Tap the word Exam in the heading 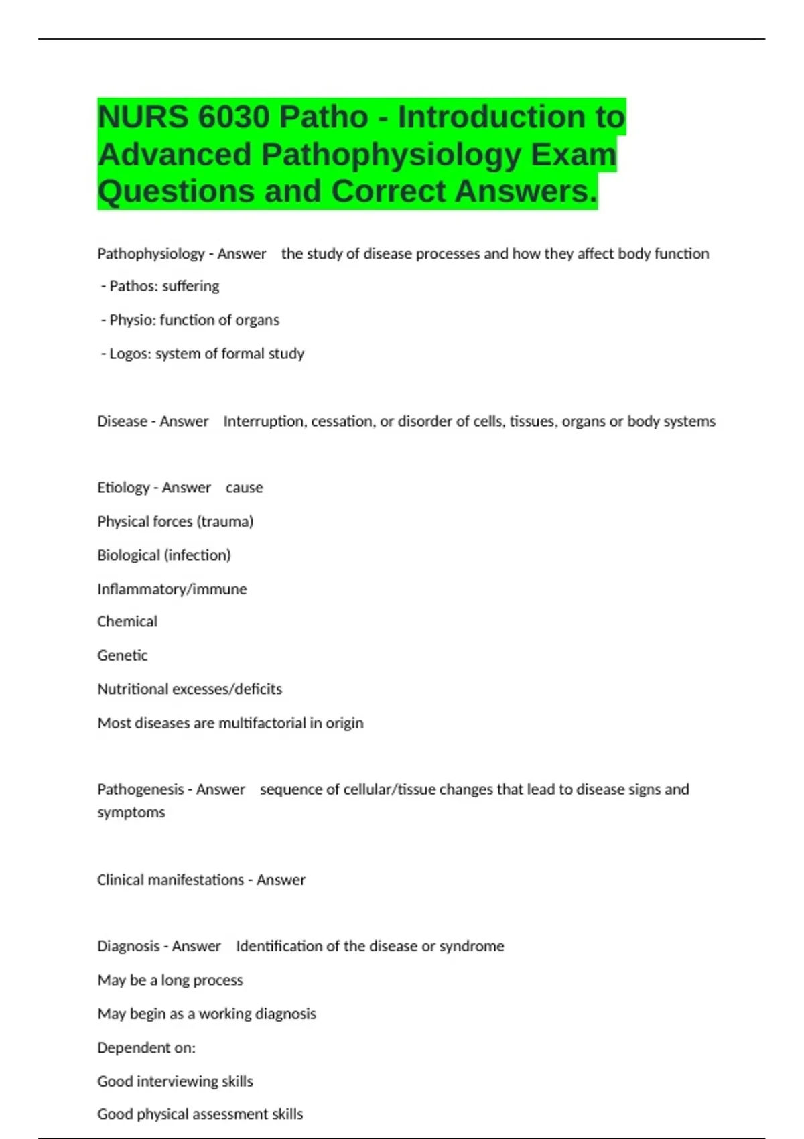coord(574,155)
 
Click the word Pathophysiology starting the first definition coord(151,254)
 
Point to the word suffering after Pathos coord(191,287)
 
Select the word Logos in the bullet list coord(129,354)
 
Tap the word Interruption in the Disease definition coord(265,421)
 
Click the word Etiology coord(123,488)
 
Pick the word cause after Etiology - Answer coord(245,488)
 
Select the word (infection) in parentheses coord(198,555)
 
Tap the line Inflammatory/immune coord(172,589)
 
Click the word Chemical coord(127,622)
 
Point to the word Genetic coord(122,655)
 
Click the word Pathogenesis coord(140,789)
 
